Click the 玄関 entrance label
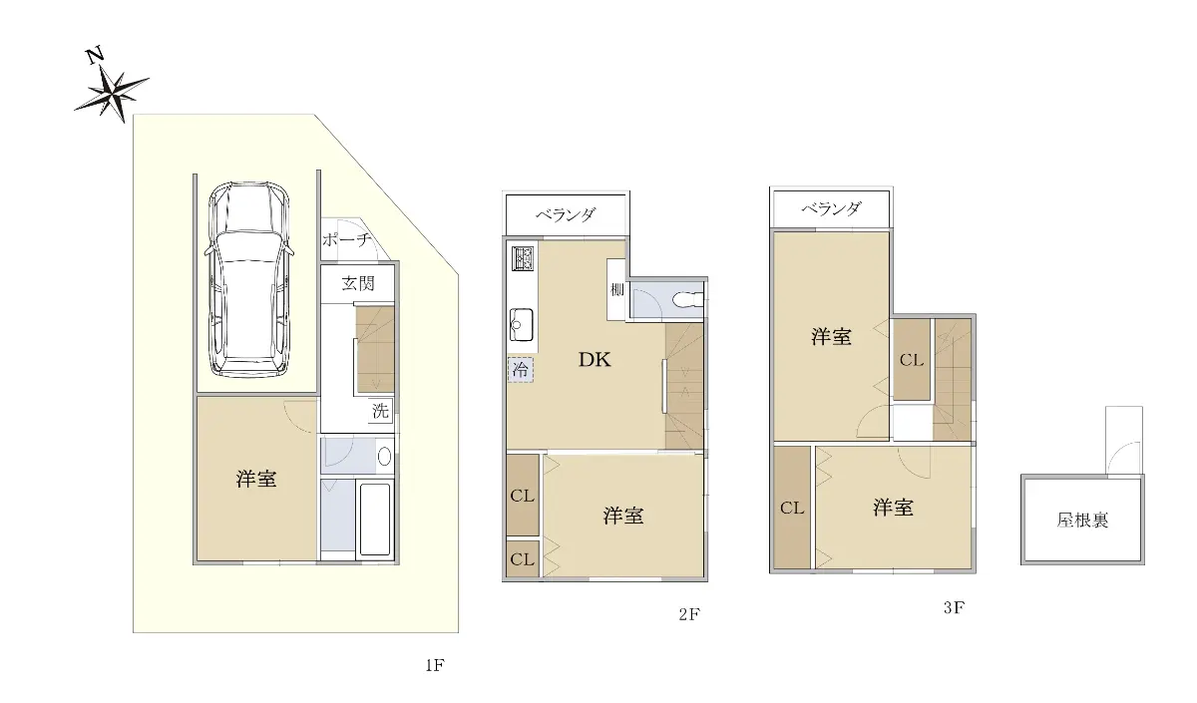pos(358,283)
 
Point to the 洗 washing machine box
pos(380,410)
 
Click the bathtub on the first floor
pos(375,520)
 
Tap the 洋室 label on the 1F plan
pos(256,479)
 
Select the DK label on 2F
pos(595,360)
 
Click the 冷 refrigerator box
pos(520,370)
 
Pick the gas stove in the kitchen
pos(524,258)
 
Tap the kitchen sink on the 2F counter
pos(521,324)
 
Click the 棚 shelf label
pos(616,290)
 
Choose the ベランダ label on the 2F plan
pos(566,214)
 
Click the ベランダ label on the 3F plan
pos(831,208)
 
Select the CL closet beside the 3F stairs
pos(912,360)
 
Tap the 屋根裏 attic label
pos(1082,520)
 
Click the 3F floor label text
pos(954,608)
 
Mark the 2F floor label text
pos(689,615)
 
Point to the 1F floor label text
pos(435,665)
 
